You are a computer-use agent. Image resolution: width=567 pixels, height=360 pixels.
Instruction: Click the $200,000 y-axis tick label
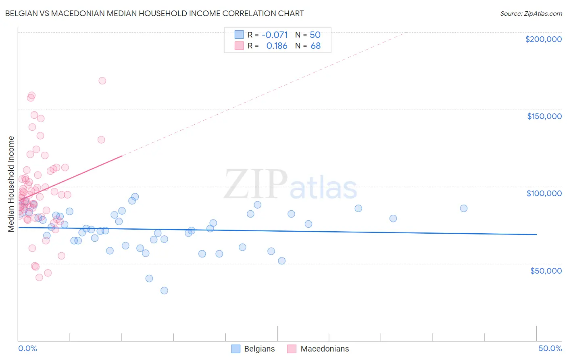(x=543, y=39)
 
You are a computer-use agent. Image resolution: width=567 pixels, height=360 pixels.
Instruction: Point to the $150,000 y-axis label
(x=544, y=116)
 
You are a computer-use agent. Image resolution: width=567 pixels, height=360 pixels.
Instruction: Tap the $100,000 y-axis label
(x=544, y=193)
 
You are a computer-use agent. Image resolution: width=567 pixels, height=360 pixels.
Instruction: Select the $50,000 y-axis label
(x=546, y=270)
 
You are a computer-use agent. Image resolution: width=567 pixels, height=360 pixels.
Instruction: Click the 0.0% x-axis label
(x=27, y=348)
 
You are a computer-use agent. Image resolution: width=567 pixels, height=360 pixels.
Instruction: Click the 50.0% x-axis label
(x=550, y=348)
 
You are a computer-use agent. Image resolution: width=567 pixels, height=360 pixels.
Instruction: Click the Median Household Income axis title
(x=11, y=184)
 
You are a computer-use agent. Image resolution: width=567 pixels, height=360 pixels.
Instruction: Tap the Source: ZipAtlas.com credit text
(x=531, y=13)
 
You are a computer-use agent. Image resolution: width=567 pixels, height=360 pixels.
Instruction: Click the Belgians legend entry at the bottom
(x=253, y=349)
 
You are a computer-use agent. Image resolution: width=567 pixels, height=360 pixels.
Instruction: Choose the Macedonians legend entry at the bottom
(x=318, y=349)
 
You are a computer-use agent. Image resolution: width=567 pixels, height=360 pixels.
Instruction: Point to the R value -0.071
(x=275, y=35)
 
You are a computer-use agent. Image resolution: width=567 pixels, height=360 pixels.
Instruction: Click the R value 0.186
(x=277, y=46)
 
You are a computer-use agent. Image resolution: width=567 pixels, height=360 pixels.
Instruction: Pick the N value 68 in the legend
(x=315, y=46)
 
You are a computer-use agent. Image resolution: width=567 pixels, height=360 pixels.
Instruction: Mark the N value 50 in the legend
(x=315, y=35)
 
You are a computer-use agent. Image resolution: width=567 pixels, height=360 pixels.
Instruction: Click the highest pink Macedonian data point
(x=102, y=81)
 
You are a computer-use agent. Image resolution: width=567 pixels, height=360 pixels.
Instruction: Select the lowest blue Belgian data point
(x=164, y=291)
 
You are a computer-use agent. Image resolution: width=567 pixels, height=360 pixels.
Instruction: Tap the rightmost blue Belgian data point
(x=464, y=208)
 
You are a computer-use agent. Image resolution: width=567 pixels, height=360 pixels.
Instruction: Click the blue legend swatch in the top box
(x=239, y=35)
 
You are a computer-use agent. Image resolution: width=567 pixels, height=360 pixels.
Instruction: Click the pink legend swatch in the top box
(x=239, y=46)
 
